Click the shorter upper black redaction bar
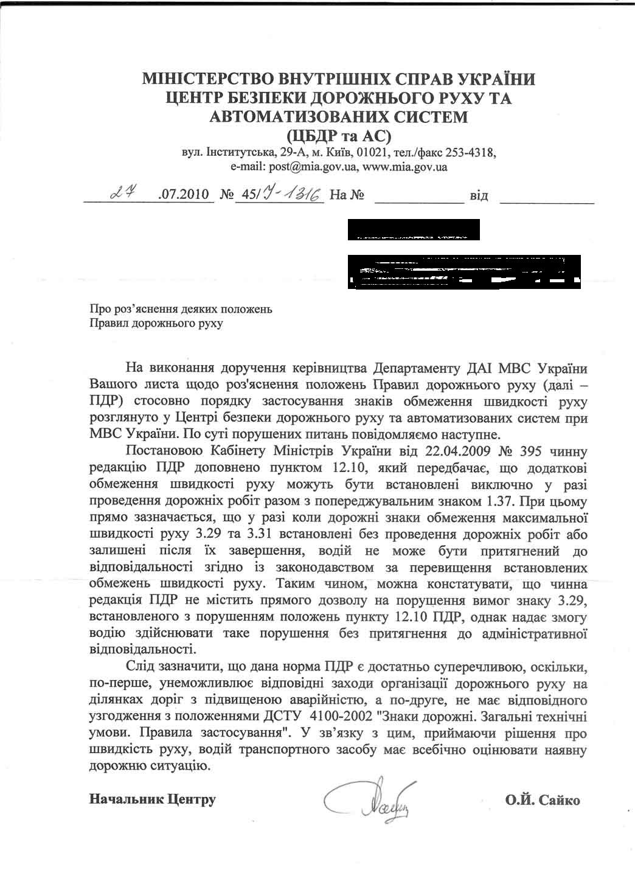click(413, 230)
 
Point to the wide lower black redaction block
click(465, 271)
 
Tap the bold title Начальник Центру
click(152, 799)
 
